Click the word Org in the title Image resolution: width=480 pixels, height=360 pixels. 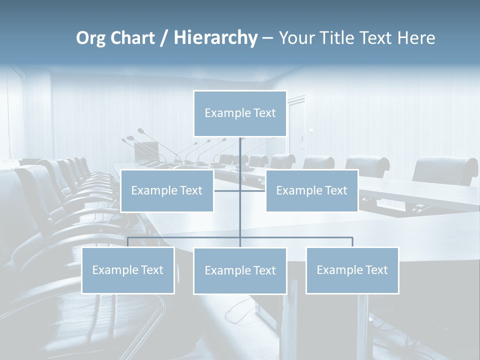90,38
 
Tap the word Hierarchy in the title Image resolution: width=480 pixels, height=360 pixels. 215,38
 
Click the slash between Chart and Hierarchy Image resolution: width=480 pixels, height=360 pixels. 163,38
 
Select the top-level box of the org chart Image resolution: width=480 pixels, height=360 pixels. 240,113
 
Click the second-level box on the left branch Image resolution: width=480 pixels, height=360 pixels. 167,190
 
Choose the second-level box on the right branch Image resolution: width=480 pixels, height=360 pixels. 312,190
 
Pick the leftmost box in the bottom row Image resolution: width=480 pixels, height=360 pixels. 128,270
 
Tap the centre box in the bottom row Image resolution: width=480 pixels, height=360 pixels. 240,271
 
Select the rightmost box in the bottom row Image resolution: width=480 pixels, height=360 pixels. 352,270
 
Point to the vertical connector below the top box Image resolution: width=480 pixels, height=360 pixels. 240,155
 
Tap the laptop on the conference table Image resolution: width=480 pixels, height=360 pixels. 147,151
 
